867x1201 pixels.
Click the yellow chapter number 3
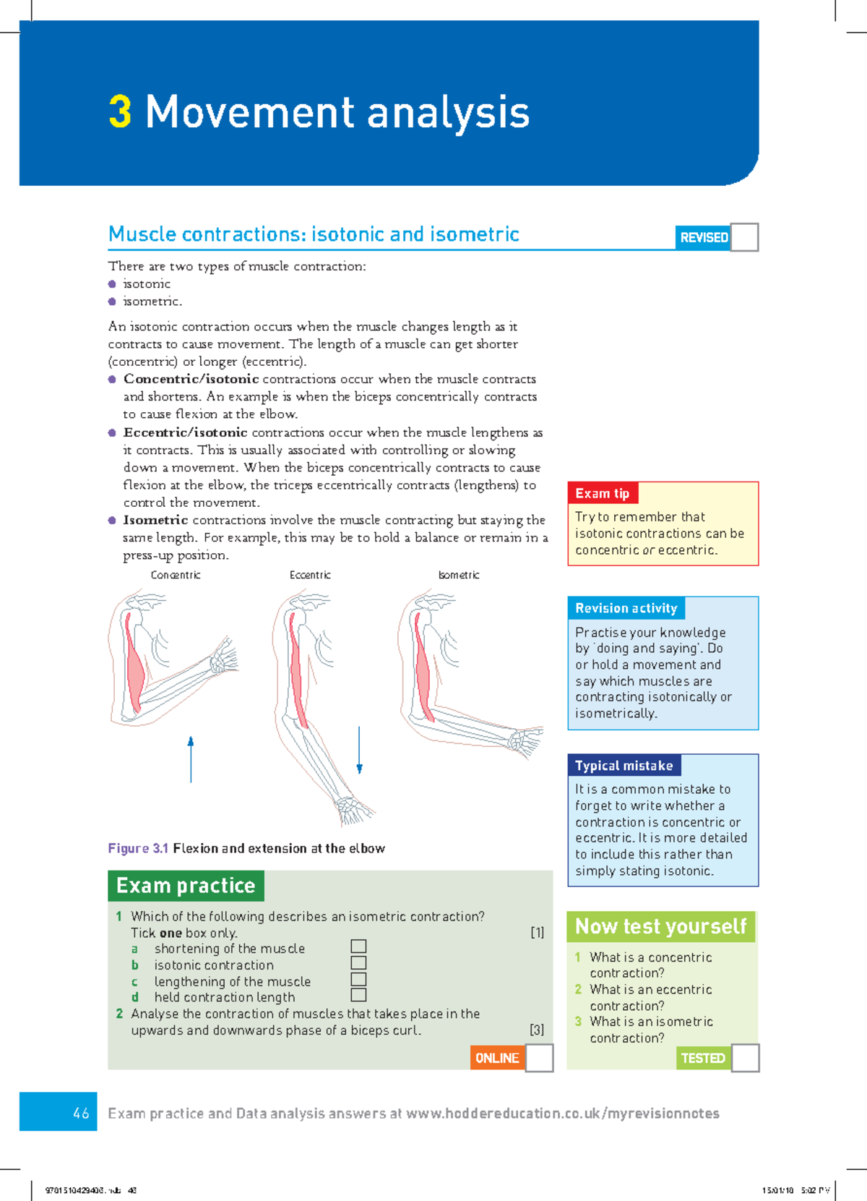pos(120,112)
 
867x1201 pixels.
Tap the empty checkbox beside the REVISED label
pos(744,237)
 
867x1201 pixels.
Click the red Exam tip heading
pos(602,494)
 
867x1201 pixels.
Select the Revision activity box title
pos(626,608)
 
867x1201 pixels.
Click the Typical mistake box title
pos(624,766)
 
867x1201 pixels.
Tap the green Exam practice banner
pos(186,886)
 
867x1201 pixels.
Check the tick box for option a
pos(358,946)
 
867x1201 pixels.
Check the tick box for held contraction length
pos(358,996)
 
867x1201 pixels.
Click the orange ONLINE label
pos(497,1058)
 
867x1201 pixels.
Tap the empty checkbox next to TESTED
pos(745,1058)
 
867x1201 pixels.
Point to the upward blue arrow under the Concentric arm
pos(191,759)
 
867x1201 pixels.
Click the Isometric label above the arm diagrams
pos(459,576)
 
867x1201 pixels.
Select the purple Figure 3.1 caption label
pos(138,848)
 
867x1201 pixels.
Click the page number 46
pos(81,1114)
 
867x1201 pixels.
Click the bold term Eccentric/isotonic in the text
pos(185,432)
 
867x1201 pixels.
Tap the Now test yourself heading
pos(660,926)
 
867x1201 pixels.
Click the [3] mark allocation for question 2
pos(537,1030)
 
